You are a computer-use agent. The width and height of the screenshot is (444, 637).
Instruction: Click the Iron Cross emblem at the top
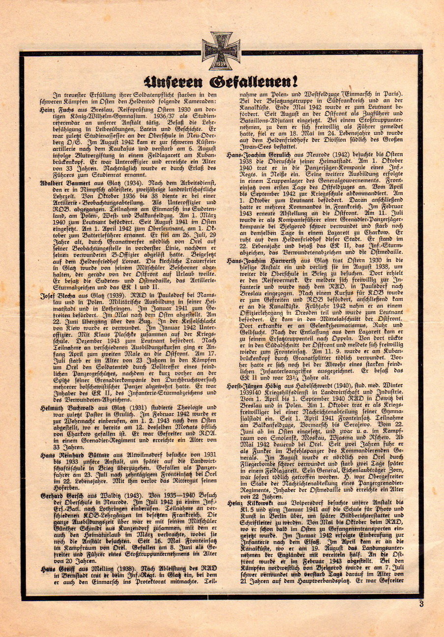click(x=221, y=51)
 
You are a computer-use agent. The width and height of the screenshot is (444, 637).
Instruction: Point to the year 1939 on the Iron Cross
click(x=221, y=64)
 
